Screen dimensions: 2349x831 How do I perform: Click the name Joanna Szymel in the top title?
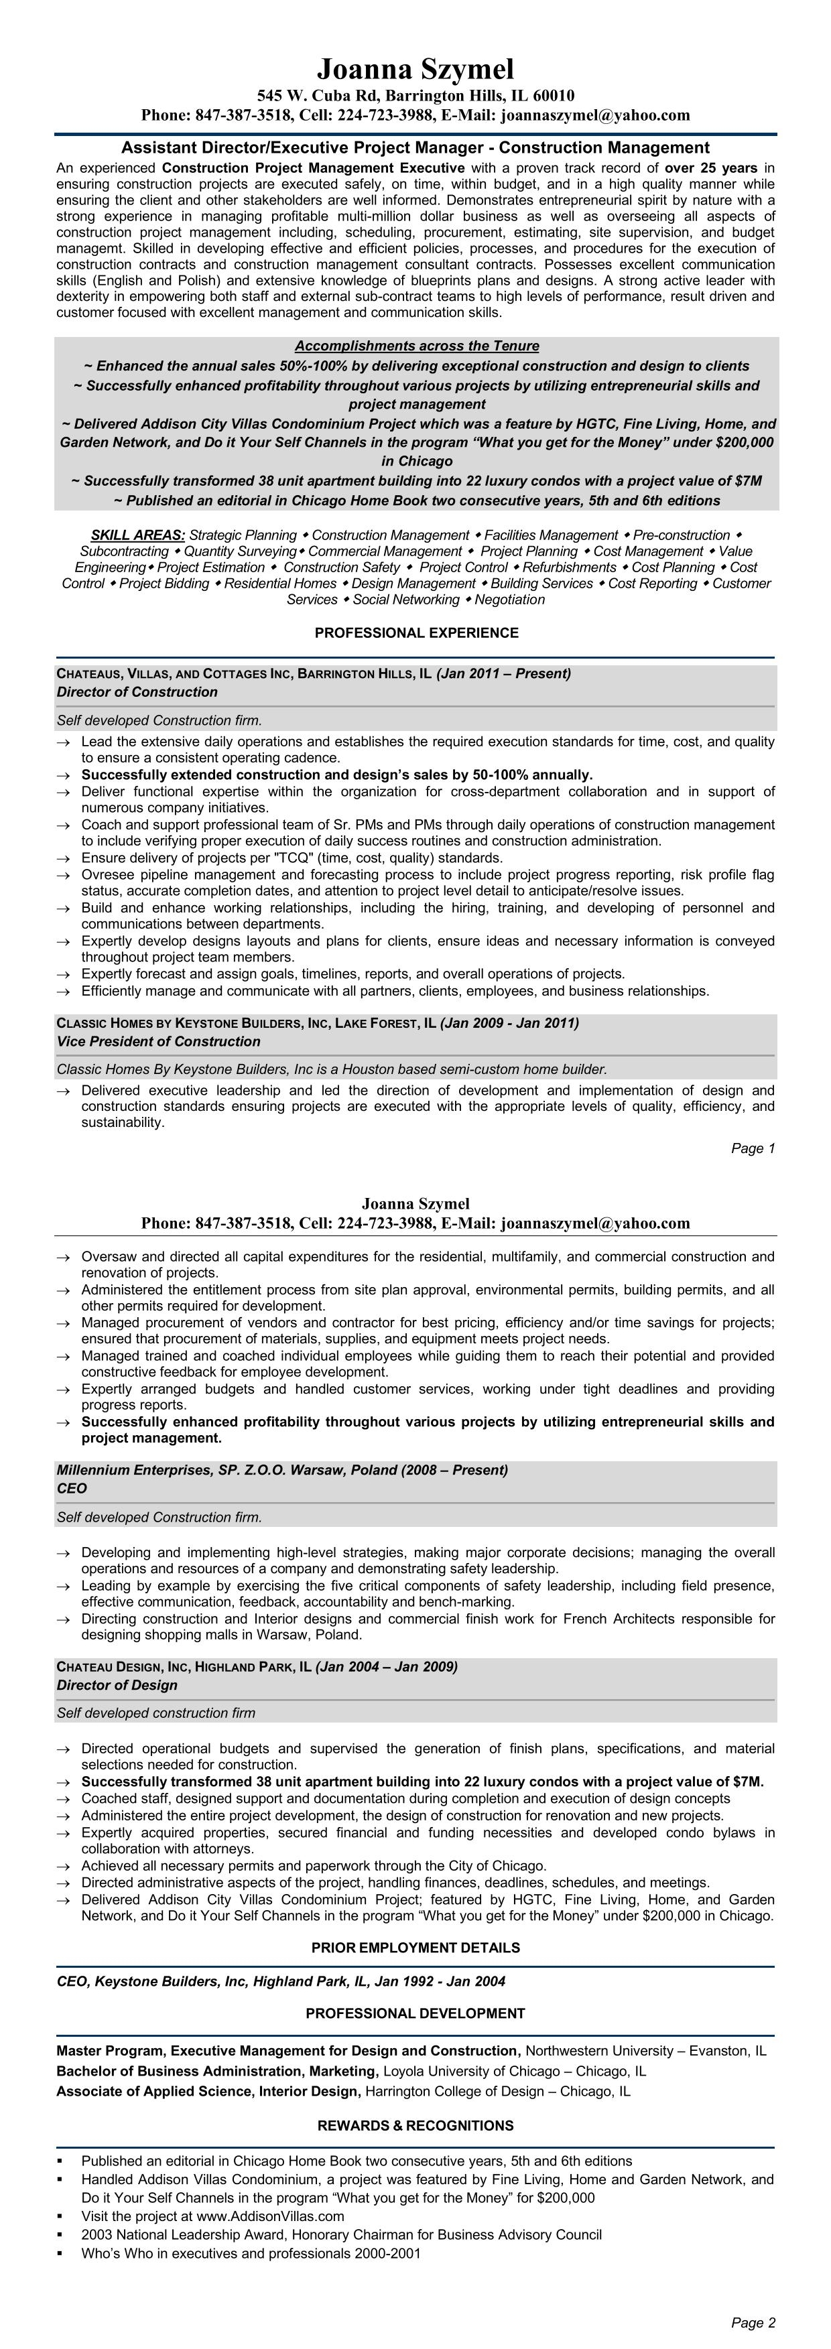coord(415,69)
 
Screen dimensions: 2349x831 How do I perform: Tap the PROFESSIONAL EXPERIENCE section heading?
coord(416,633)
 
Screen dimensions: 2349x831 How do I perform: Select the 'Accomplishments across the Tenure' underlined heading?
coord(416,346)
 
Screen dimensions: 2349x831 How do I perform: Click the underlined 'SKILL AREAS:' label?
coord(138,535)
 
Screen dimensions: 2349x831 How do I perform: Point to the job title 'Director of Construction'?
coord(137,692)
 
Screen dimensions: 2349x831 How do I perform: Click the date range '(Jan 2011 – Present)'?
coord(503,674)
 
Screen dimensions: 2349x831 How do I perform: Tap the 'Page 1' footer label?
coord(753,1148)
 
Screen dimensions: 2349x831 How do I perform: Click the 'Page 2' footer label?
coord(753,2323)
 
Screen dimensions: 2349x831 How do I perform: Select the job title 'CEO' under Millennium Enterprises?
coord(72,1488)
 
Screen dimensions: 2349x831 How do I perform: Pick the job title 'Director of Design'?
coord(117,1685)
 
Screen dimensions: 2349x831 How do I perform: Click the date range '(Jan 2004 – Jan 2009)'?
coord(386,1667)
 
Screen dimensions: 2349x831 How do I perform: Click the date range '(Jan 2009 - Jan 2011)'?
coord(509,1023)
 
